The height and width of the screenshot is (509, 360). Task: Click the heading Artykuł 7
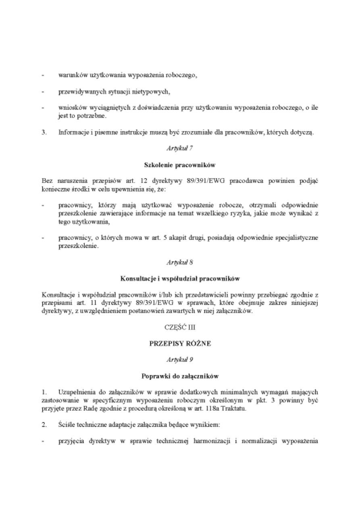[180, 149]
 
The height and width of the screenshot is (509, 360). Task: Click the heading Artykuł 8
[180, 262]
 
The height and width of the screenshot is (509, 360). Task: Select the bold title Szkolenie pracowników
[180, 164]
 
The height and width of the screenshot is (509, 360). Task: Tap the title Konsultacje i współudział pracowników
[180, 278]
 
